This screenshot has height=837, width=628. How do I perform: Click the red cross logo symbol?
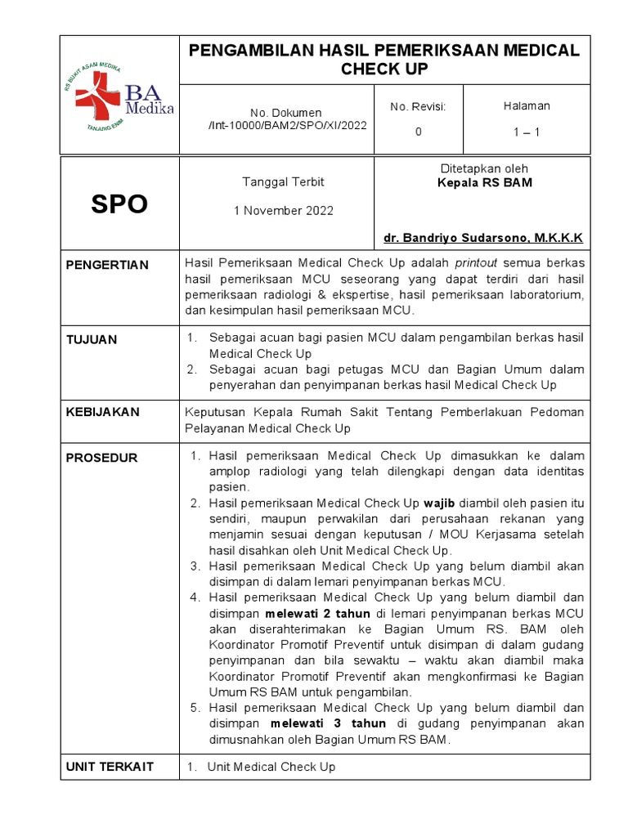point(97,96)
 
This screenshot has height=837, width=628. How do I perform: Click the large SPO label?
point(119,204)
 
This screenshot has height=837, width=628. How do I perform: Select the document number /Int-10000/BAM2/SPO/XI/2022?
point(287,126)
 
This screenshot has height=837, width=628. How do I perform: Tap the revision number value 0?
point(418,132)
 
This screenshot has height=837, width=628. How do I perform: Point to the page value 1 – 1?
point(527,132)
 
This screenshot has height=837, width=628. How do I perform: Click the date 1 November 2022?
point(284,210)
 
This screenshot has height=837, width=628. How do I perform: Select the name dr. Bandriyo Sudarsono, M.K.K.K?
point(483,238)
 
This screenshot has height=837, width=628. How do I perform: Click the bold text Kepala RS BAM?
point(485,183)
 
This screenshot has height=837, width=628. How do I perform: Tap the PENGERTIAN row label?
point(107,265)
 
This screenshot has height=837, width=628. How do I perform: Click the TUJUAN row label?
point(92,339)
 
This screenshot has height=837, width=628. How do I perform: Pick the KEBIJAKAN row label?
point(103,412)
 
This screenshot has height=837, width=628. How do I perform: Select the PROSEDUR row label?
point(101,458)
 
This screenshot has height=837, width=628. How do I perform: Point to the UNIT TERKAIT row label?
point(110,767)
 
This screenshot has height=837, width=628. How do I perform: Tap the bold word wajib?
point(439,503)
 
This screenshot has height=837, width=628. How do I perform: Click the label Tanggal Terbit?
point(276,181)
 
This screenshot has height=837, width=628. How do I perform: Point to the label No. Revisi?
point(418,106)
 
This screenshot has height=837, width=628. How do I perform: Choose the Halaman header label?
point(527,105)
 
